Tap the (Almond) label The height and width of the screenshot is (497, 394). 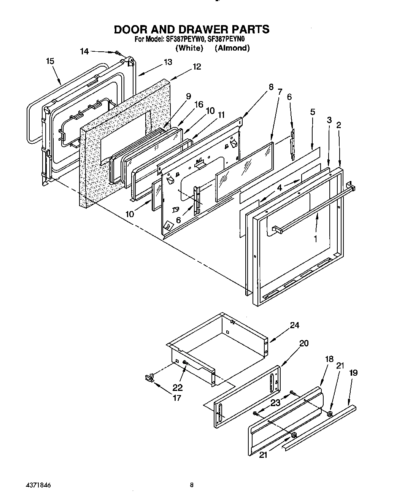[x=232, y=48]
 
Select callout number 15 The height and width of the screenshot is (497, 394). [x=50, y=61]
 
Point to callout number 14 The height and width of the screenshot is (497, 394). [x=84, y=51]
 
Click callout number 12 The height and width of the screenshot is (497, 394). [x=197, y=67]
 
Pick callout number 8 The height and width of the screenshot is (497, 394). [x=271, y=87]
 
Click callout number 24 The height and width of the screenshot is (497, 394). [x=294, y=325]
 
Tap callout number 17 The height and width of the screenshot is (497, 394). [x=176, y=398]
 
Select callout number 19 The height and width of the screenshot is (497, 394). [x=353, y=373]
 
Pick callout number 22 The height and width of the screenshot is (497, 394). [x=178, y=387]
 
